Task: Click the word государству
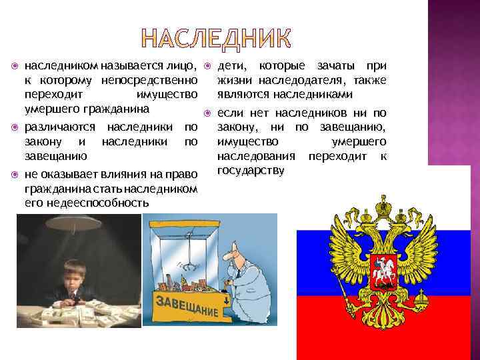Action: [x=251, y=171]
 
